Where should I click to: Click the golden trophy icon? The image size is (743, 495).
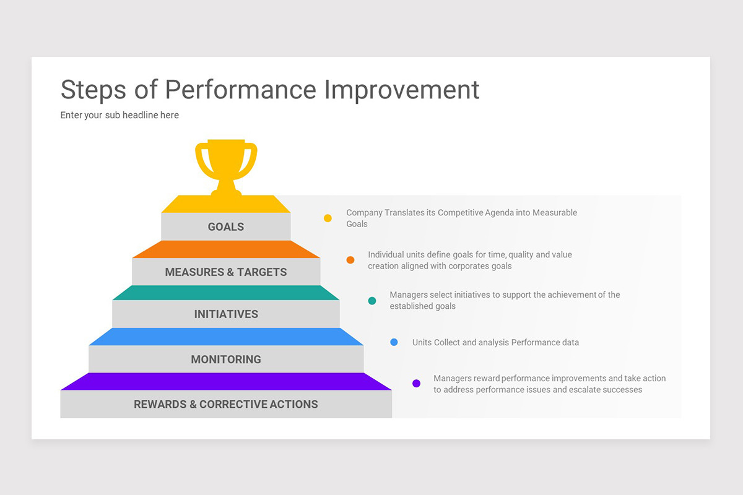pyautogui.click(x=226, y=164)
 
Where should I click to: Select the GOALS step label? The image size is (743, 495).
pyautogui.click(x=226, y=227)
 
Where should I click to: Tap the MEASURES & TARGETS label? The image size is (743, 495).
pyautogui.click(x=226, y=272)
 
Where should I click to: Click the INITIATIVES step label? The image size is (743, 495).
pyautogui.click(x=226, y=314)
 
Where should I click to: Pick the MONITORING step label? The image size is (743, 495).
pyautogui.click(x=226, y=359)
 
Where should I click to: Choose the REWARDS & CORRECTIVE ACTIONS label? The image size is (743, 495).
pyautogui.click(x=226, y=405)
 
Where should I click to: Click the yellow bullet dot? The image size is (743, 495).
pyautogui.click(x=328, y=218)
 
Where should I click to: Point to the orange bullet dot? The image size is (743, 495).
pyautogui.click(x=350, y=260)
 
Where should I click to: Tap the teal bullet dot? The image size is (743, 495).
pyautogui.click(x=372, y=301)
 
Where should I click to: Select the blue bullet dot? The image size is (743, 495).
pyautogui.click(x=394, y=342)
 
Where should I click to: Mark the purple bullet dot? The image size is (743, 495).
pyautogui.click(x=417, y=384)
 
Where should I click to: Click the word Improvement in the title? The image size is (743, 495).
pyautogui.click(x=402, y=90)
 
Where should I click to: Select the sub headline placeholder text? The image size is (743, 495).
pyautogui.click(x=119, y=115)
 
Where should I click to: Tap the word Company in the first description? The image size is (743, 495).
pyautogui.click(x=364, y=212)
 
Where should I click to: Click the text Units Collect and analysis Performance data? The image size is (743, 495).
pyautogui.click(x=495, y=342)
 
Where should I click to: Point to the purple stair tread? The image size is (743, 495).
pyautogui.click(x=226, y=382)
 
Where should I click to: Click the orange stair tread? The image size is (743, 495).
pyautogui.click(x=226, y=249)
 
